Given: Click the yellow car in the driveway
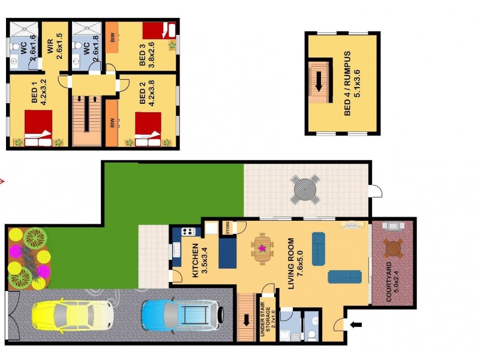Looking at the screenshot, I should pyautogui.click(x=70, y=314).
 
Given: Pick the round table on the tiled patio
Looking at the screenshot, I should pyautogui.click(x=306, y=191).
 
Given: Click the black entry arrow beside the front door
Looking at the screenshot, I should pyautogui.click(x=356, y=325).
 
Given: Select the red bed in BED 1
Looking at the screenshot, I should pyautogui.click(x=38, y=122).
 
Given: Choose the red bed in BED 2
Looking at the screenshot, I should pyautogui.click(x=148, y=124).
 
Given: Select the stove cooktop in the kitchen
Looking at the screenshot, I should pyautogui.click(x=188, y=232).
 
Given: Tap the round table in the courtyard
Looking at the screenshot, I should pyautogui.click(x=394, y=247).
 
